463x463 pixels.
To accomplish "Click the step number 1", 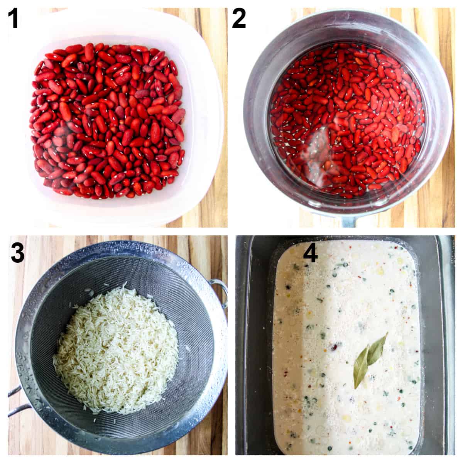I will [14, 19].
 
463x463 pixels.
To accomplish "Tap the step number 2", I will [239, 19].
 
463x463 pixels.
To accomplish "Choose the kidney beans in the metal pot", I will [347, 123].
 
